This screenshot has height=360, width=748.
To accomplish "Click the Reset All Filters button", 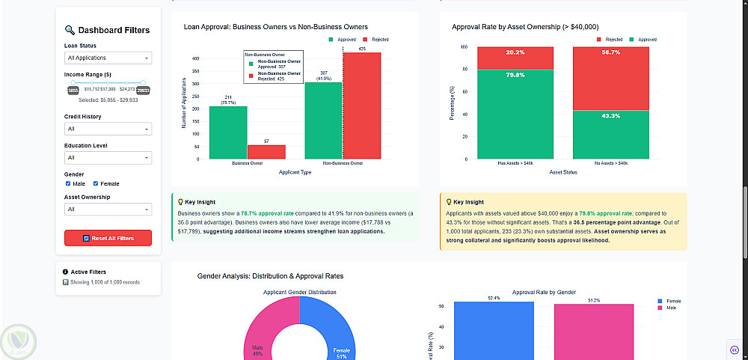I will point(108,238).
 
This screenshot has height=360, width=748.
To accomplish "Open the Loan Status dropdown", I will point(108,58).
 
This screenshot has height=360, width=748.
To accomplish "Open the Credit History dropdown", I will point(108,129).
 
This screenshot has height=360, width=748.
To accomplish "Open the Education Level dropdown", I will point(108,158).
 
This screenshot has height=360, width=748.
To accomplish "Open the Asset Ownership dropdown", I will point(108,210).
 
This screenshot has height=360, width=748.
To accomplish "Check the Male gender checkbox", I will point(68,183).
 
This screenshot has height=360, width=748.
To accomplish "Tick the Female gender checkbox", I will point(96,183).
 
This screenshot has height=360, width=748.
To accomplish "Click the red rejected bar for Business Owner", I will point(266,152).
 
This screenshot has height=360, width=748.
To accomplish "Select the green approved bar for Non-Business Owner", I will point(324,120).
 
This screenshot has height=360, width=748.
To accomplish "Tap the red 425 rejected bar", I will point(362,106).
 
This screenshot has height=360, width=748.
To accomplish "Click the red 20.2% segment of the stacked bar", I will point(515,58).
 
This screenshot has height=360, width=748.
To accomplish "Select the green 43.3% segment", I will point(610,135).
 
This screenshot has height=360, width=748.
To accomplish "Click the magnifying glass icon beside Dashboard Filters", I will point(70,31).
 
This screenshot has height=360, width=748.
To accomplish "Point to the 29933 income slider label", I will point(144,90).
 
